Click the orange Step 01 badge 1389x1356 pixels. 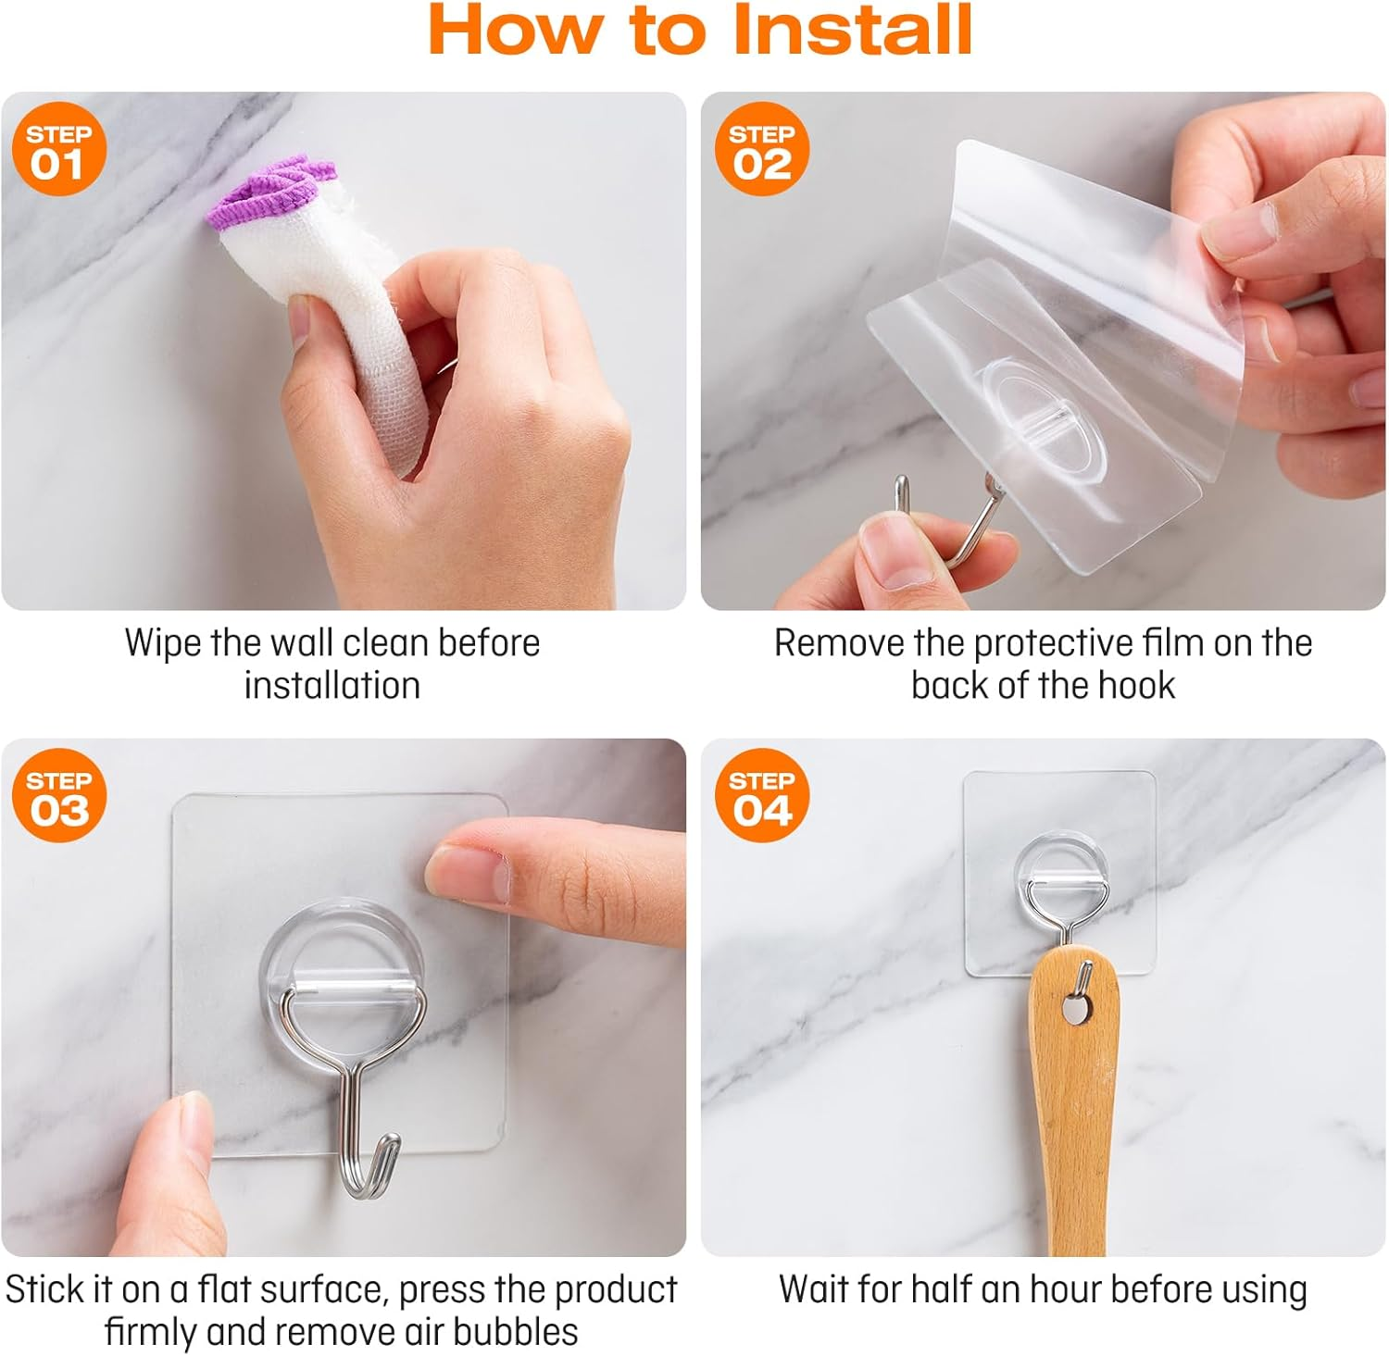coord(59,149)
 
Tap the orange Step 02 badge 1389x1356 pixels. coord(762,149)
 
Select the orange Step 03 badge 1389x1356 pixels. coord(59,795)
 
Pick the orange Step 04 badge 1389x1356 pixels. coord(762,795)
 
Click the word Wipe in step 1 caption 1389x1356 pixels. coord(163,642)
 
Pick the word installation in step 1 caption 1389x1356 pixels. coord(332,686)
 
